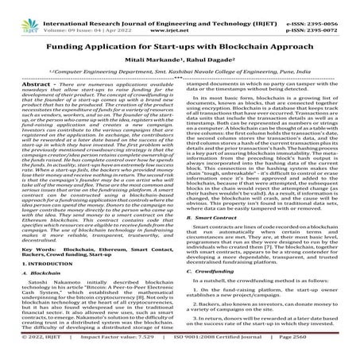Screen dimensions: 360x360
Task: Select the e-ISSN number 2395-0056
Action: pyautogui.click(x=331, y=6)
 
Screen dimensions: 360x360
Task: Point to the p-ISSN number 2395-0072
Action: pyautogui.click(x=331, y=15)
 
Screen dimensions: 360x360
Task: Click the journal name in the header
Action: pyautogui.click(x=179, y=6)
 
